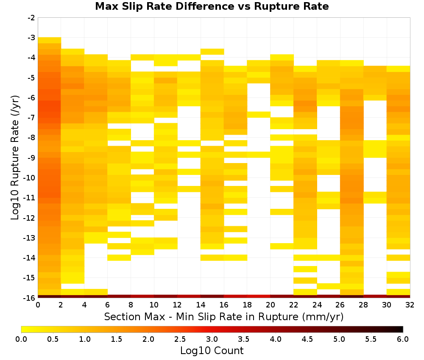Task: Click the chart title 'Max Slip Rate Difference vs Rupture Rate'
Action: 212,6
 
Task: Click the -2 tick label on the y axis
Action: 31,18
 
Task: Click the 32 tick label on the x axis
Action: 410,305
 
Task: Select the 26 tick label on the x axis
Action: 340,305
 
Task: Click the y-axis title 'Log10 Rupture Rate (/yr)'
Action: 15,158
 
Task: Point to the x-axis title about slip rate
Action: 224,317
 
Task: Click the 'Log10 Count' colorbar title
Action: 212,351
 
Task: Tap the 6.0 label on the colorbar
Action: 403,339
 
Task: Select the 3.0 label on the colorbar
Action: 212,339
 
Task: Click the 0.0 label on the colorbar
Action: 21,339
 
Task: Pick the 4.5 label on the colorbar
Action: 307,339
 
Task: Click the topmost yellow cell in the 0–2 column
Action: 50,40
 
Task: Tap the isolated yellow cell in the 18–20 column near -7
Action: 259,114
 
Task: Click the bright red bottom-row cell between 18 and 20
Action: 259,296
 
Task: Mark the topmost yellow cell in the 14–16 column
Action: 212,52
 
